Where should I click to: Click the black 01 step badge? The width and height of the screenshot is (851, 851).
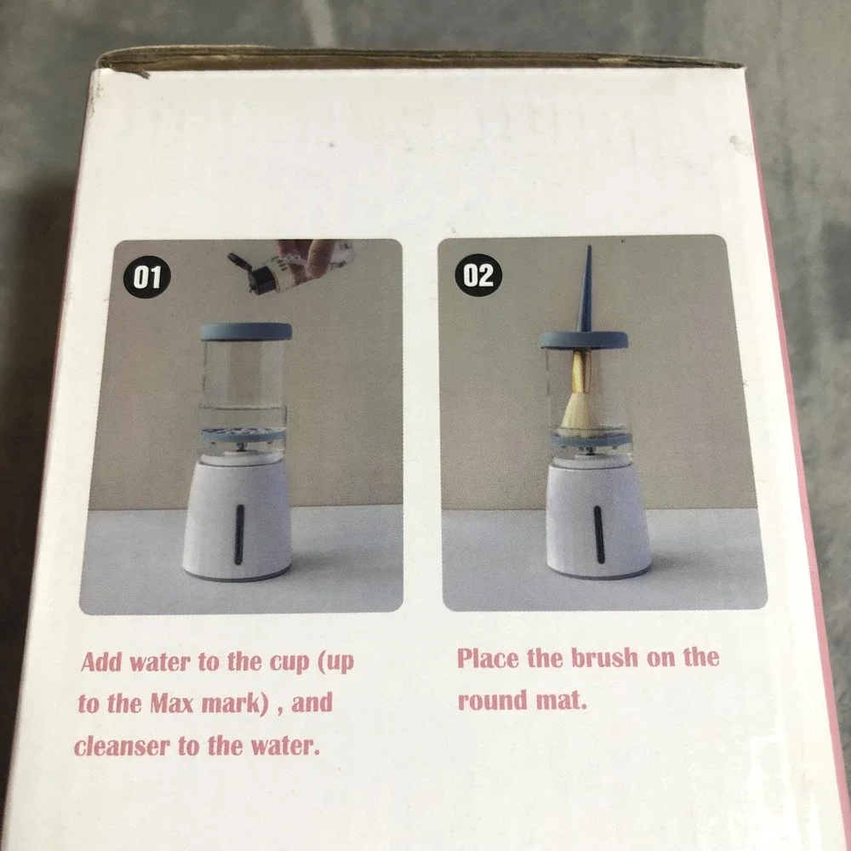click(x=147, y=277)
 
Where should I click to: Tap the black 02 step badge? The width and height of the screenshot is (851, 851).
click(x=478, y=275)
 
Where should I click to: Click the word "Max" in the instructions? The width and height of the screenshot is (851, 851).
click(x=172, y=704)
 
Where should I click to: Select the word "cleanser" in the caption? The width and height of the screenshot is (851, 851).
click(x=122, y=746)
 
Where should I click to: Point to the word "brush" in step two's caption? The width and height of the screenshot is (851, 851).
click(x=604, y=658)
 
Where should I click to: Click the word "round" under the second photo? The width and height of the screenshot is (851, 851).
click(x=492, y=700)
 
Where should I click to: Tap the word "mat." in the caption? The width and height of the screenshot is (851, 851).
click(x=561, y=700)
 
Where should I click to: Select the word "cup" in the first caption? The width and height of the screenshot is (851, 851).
click(x=290, y=663)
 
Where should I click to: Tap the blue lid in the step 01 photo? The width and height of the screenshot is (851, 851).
click(x=247, y=332)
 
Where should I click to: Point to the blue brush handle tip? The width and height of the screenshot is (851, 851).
click(x=588, y=248)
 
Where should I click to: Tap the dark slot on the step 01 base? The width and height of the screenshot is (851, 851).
click(x=239, y=534)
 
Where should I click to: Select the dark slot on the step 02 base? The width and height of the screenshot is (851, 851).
click(x=598, y=534)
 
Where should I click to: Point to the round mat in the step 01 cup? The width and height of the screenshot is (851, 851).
click(x=243, y=435)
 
